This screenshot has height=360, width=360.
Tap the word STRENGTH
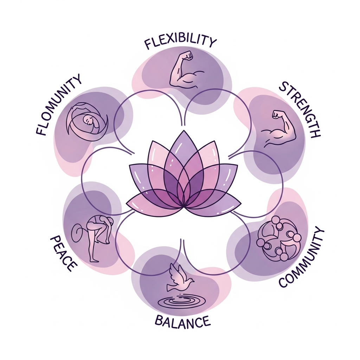[300, 110]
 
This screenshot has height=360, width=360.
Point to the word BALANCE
[182, 321]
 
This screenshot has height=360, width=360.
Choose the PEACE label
[63, 253]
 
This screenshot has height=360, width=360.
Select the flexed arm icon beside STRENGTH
[280, 128]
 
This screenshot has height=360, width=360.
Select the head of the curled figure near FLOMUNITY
[89, 121]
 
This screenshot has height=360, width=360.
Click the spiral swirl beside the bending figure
[78, 232]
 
